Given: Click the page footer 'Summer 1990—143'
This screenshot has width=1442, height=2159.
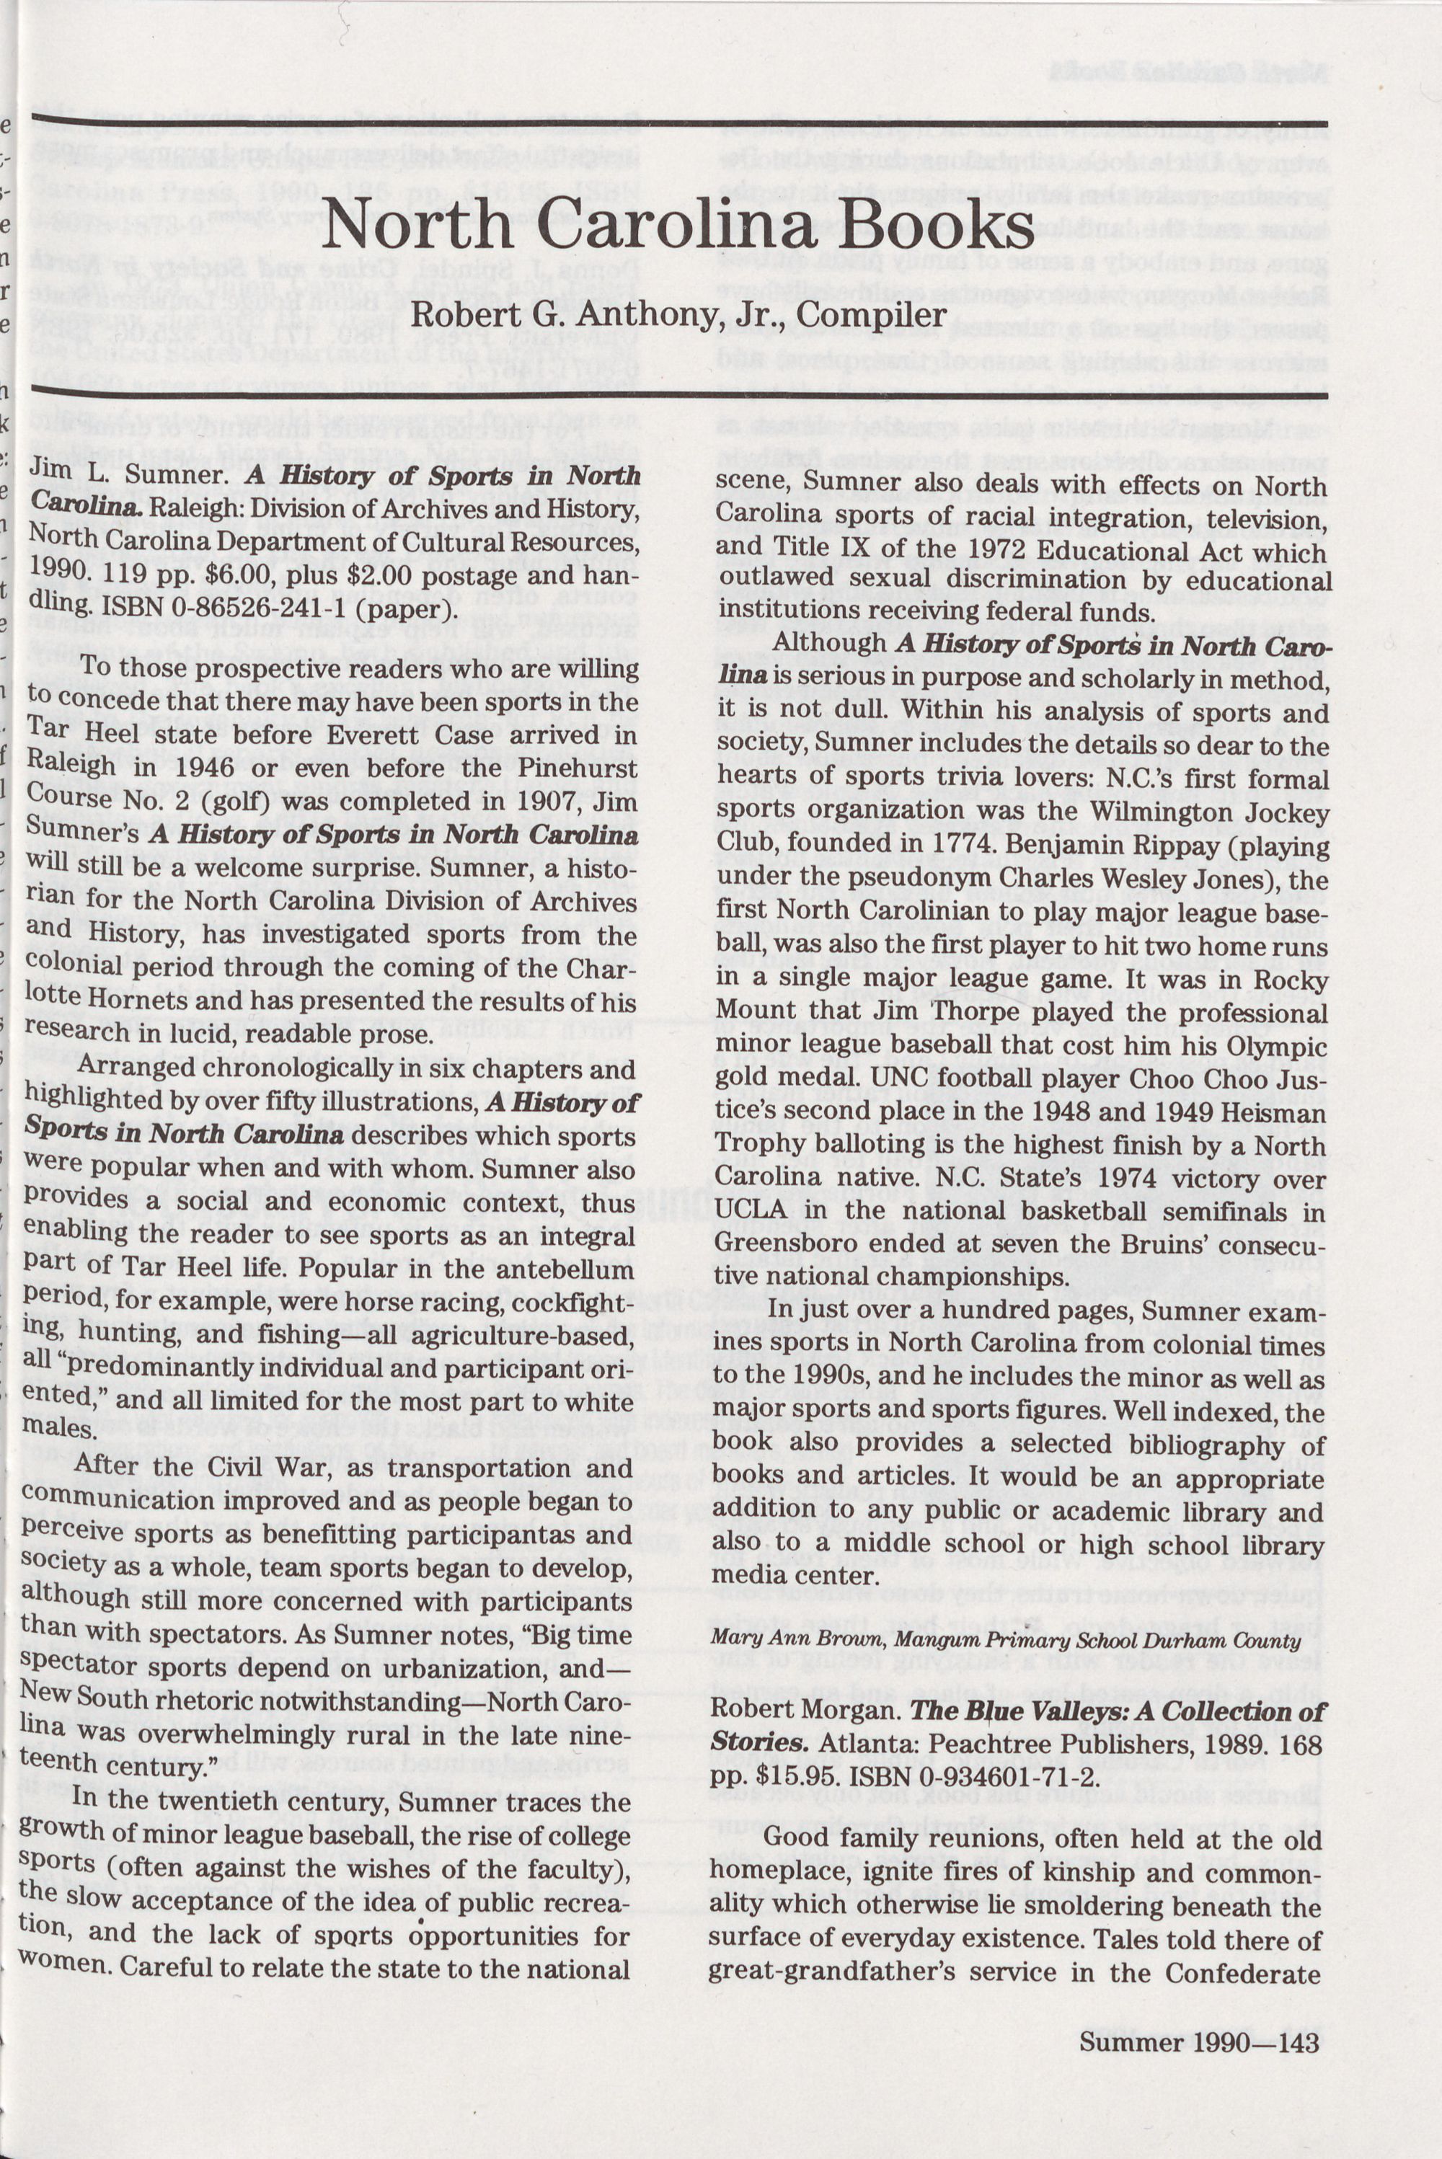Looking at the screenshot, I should [x=1199, y=1959].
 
